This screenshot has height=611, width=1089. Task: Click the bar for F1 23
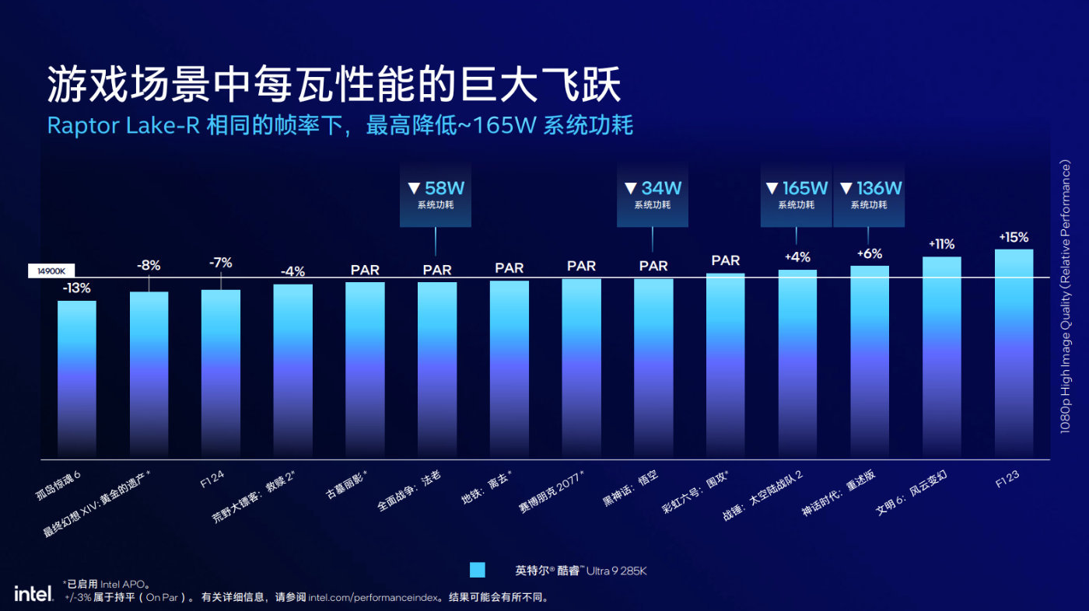[x=1014, y=354]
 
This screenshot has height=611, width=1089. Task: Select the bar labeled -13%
[x=77, y=379]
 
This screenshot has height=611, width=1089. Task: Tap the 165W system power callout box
[x=797, y=194]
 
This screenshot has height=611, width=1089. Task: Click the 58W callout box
[x=436, y=194]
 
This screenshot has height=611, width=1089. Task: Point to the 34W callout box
[x=653, y=194]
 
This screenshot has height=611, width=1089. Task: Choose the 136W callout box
[x=868, y=194]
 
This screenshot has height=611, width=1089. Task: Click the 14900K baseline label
[x=51, y=271]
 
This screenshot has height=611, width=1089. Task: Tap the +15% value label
[x=1014, y=237]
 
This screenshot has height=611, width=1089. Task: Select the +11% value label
[x=941, y=244]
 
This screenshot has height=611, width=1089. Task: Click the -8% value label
[x=149, y=265]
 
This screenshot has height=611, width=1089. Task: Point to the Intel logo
[x=33, y=594]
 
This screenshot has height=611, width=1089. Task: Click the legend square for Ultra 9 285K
[x=478, y=570]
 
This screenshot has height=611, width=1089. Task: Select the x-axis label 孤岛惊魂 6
[x=70, y=480]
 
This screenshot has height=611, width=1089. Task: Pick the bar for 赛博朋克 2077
[x=581, y=368]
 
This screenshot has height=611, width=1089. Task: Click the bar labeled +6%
[x=870, y=361]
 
